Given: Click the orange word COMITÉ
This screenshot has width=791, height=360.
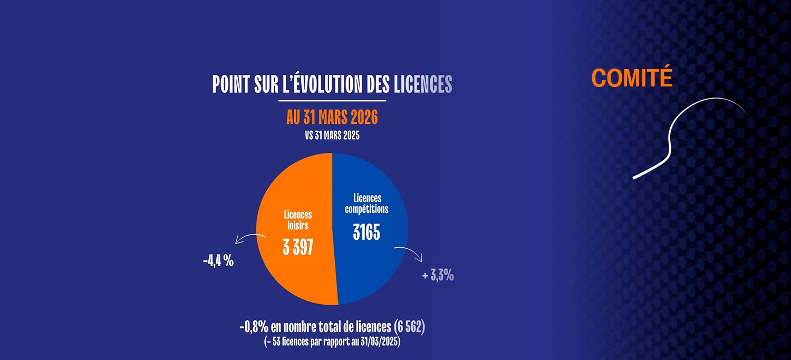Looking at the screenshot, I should click(x=632, y=78).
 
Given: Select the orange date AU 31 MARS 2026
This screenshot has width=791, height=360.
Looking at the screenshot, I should click(x=332, y=118).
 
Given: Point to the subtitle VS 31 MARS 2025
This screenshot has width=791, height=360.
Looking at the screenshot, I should click(x=332, y=135).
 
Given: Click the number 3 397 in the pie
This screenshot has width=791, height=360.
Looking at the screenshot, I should click(x=298, y=247).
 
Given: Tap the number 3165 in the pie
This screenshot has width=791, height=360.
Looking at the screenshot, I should click(x=366, y=232).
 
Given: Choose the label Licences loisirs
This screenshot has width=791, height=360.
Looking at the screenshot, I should click(x=298, y=220).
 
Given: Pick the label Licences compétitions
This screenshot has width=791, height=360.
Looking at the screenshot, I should click(x=366, y=203).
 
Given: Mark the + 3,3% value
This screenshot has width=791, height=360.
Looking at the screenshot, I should click(x=438, y=275).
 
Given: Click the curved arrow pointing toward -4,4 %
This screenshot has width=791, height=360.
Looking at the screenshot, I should click(x=248, y=238).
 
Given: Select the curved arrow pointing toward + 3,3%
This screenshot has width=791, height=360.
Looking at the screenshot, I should click(x=410, y=251).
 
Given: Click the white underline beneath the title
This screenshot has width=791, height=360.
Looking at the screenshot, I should click(x=332, y=100).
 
